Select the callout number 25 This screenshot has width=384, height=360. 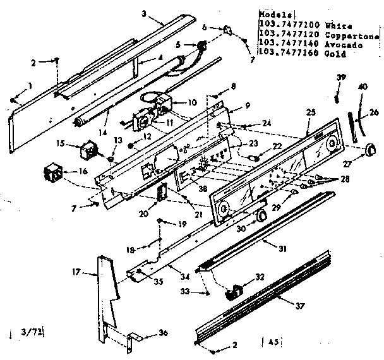(x=309, y=112)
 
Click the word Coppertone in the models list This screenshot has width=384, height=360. (x=352, y=37)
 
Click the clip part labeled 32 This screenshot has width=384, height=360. (x=236, y=292)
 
